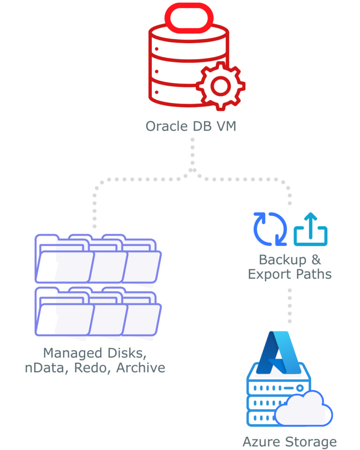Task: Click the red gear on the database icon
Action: click(221, 85)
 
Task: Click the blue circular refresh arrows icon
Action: click(270, 229)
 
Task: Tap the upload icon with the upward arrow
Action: click(311, 230)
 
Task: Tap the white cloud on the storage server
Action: click(303, 408)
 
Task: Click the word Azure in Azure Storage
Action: click(260, 442)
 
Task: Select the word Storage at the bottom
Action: click(309, 442)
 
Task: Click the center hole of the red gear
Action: click(221, 85)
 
